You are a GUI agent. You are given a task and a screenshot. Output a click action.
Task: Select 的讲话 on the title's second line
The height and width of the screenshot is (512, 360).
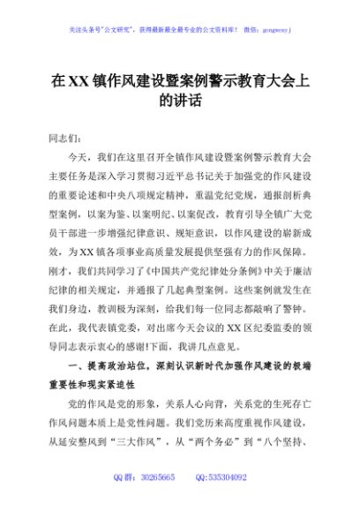pos(180,102)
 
